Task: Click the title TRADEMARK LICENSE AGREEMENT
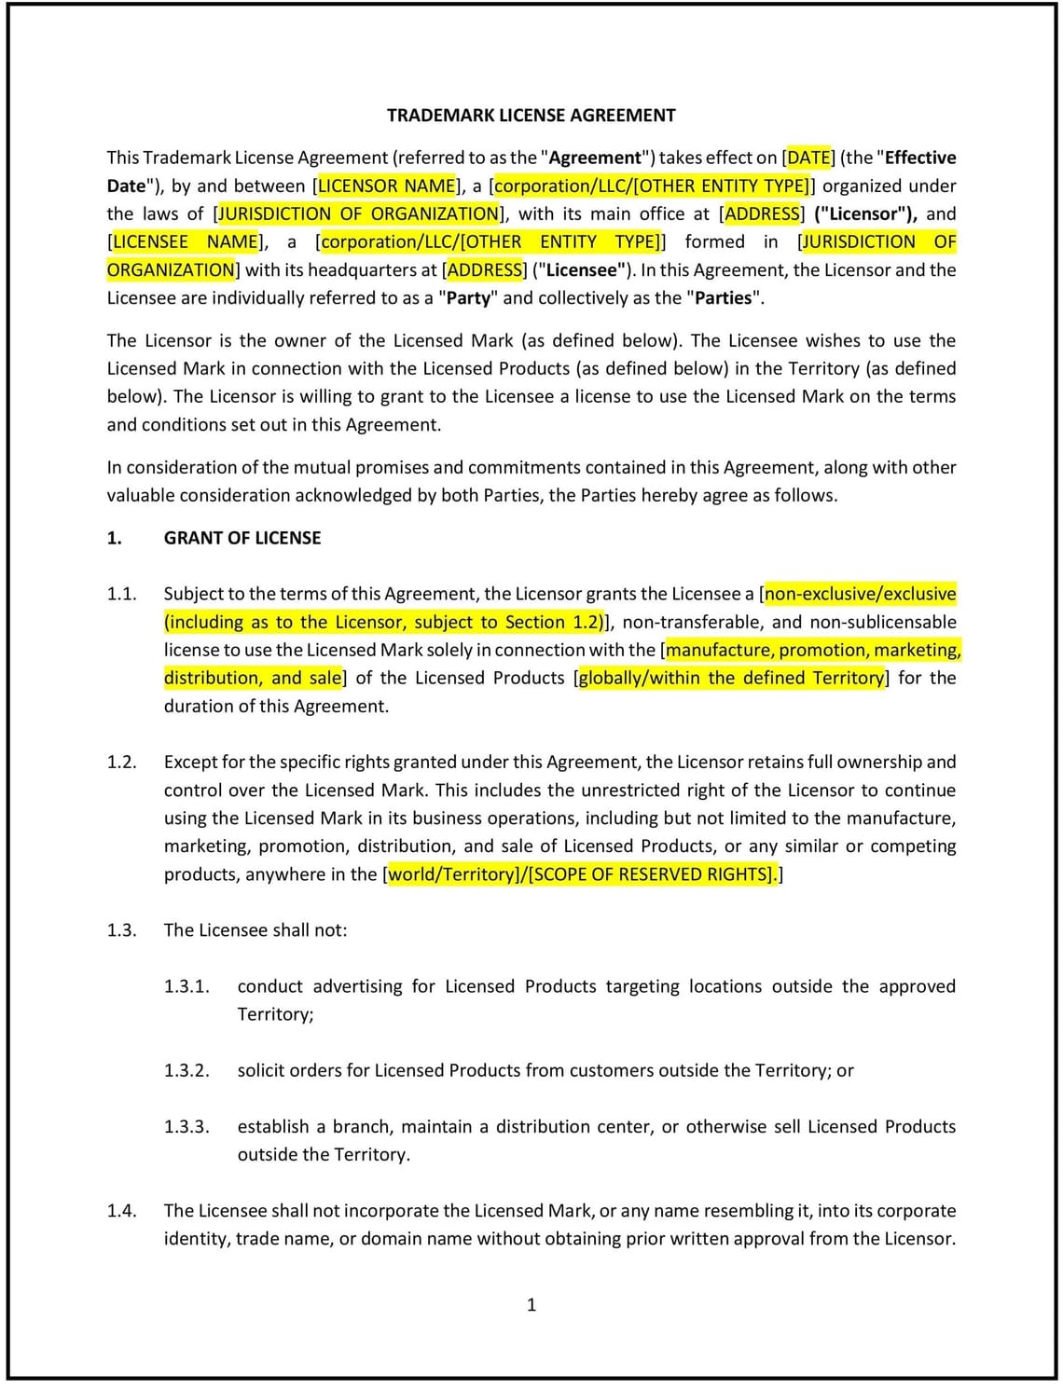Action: pos(531,116)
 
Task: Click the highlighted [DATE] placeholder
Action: pos(809,158)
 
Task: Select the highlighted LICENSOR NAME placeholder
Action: pos(387,186)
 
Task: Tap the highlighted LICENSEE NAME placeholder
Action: pos(185,241)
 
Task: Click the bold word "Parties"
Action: pos(724,297)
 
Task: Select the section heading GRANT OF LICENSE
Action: pos(242,538)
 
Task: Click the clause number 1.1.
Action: pos(121,594)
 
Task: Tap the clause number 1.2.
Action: pos(121,762)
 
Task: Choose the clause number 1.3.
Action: pos(121,929)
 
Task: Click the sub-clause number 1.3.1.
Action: pos(186,986)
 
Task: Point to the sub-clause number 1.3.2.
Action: pos(186,1070)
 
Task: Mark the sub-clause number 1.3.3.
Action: pos(186,1126)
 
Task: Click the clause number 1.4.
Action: pos(121,1210)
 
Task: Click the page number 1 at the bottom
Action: pos(531,1304)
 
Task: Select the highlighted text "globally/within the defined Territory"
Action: pos(731,678)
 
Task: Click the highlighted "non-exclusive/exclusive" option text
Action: pos(861,594)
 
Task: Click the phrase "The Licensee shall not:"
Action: pos(255,929)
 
